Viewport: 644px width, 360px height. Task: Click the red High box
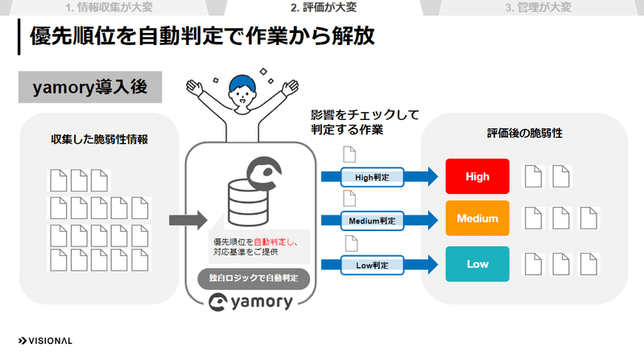click(477, 176)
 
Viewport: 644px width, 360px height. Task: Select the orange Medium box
click(477, 218)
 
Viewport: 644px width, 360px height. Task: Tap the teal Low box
click(477, 264)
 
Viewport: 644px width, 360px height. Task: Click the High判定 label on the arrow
click(372, 177)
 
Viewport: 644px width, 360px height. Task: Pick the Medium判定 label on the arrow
click(372, 221)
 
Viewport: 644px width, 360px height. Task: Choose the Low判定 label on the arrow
click(372, 265)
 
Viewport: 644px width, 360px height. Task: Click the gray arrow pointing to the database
click(188, 221)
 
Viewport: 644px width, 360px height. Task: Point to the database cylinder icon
click(248, 203)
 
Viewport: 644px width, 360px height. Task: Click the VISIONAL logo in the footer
click(45, 341)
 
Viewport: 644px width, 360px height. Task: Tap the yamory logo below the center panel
click(250, 302)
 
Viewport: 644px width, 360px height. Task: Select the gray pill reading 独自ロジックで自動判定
click(254, 278)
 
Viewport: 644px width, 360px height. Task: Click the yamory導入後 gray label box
click(90, 87)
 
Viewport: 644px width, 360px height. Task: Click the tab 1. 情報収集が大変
click(109, 7)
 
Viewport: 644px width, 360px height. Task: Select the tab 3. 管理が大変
click(538, 7)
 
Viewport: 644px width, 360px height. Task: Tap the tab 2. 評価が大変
click(324, 7)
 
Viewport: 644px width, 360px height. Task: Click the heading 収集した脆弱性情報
click(99, 139)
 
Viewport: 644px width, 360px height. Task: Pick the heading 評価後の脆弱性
click(525, 133)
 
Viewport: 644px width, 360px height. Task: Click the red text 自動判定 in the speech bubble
click(270, 242)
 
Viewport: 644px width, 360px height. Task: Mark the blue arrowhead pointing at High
click(432, 176)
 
